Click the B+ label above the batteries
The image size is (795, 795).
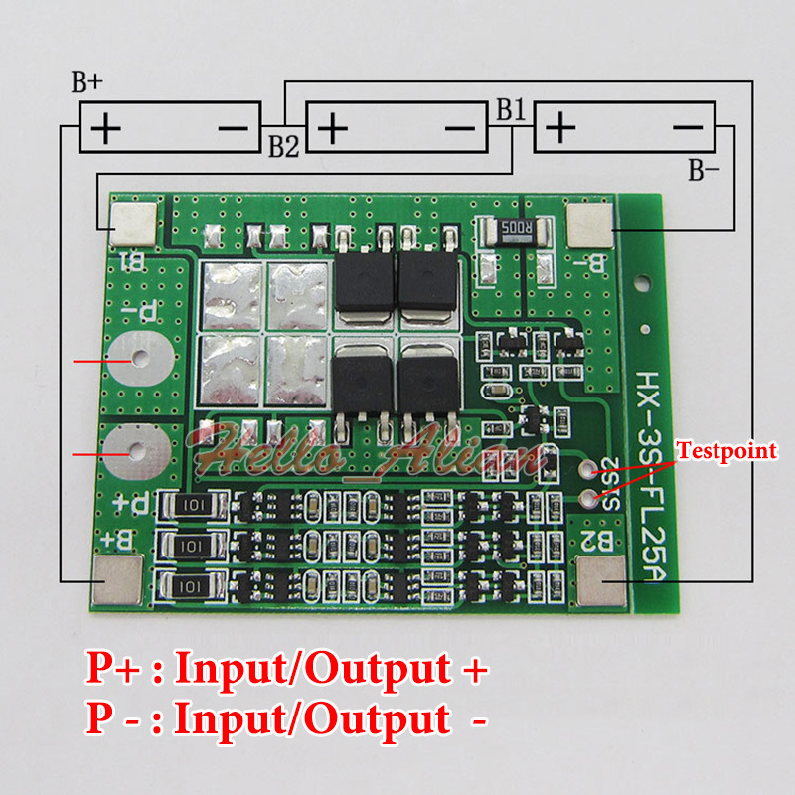tap(87, 83)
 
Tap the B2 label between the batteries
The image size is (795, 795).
tap(283, 146)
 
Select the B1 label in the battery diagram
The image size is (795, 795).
tap(511, 109)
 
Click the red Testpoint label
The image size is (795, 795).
tap(726, 451)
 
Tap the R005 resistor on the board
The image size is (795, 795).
tap(515, 235)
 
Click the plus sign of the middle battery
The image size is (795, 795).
tap(333, 128)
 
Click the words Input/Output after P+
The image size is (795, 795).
tap(313, 669)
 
